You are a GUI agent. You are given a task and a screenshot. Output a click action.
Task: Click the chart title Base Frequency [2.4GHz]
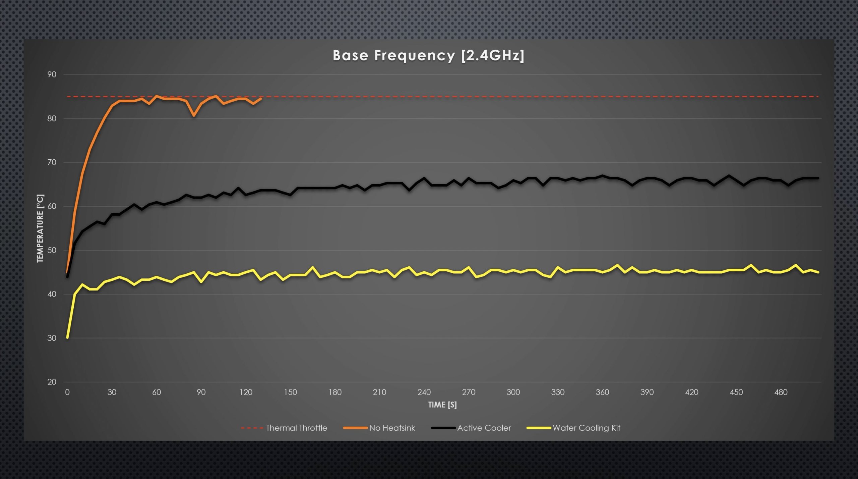point(428,56)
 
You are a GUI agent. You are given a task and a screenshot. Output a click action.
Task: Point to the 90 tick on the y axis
point(52,74)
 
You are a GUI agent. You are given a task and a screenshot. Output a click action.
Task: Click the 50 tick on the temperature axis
point(52,250)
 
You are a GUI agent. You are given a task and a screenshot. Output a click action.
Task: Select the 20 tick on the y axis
point(52,382)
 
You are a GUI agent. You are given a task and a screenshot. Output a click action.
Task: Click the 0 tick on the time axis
point(67,392)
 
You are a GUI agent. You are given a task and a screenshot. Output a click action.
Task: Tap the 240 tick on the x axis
point(424,392)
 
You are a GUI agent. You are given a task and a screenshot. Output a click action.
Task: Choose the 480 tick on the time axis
point(781,392)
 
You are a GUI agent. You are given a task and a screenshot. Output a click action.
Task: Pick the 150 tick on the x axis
point(290,392)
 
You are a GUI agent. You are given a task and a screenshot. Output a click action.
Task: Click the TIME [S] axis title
point(442,405)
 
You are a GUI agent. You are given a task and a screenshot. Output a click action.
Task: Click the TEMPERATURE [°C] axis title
point(40,228)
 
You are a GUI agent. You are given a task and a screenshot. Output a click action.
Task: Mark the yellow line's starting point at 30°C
point(67,338)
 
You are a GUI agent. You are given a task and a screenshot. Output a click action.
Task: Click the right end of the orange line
point(261,98)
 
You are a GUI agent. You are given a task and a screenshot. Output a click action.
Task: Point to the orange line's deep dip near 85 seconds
point(194,116)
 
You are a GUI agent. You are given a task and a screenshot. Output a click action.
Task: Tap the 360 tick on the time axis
point(602,392)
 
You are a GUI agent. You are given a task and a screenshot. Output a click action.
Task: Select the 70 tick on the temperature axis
point(52,162)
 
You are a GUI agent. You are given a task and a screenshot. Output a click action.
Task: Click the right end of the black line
point(818,178)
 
